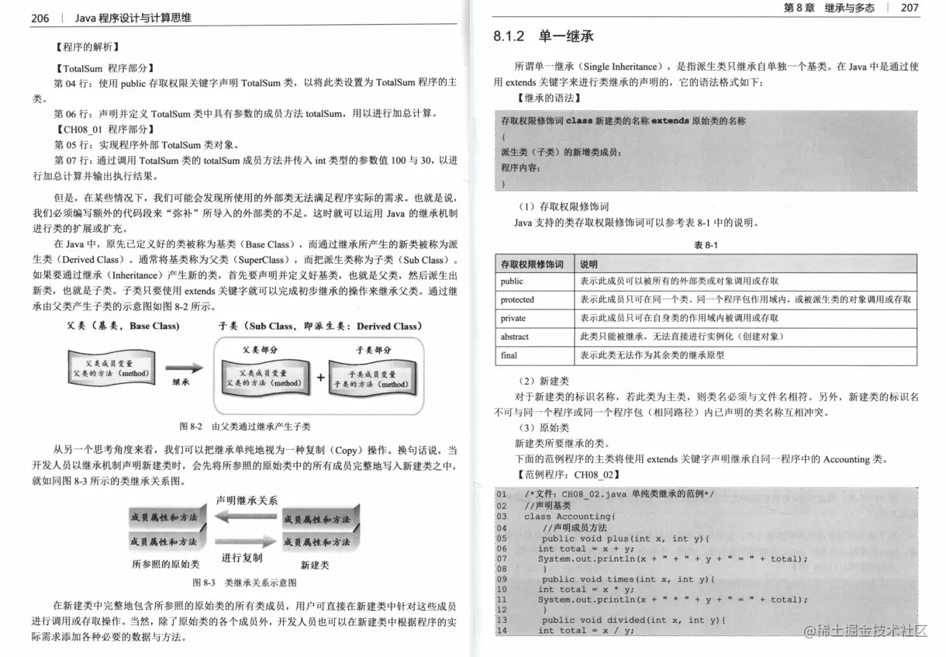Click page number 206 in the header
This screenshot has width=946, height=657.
[x=40, y=18]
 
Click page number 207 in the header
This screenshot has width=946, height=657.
[x=910, y=8]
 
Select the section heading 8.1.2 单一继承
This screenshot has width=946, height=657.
[x=544, y=36]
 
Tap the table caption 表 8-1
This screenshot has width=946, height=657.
[x=706, y=245]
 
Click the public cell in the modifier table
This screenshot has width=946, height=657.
[x=512, y=282]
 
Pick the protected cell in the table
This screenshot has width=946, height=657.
[x=517, y=300]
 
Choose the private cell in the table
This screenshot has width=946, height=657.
[x=513, y=319]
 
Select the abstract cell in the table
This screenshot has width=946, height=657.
[x=515, y=337]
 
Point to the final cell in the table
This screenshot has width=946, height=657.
[x=509, y=356]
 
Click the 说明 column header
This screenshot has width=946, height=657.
[x=589, y=264]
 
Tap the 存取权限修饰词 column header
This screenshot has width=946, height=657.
[x=532, y=264]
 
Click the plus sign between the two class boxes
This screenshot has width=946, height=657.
[x=320, y=378]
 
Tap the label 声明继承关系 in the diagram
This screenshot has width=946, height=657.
[x=246, y=500]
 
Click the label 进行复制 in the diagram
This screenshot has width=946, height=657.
[x=242, y=558]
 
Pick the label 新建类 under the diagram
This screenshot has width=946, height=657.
[x=315, y=564]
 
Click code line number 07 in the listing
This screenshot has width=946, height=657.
[x=502, y=558]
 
